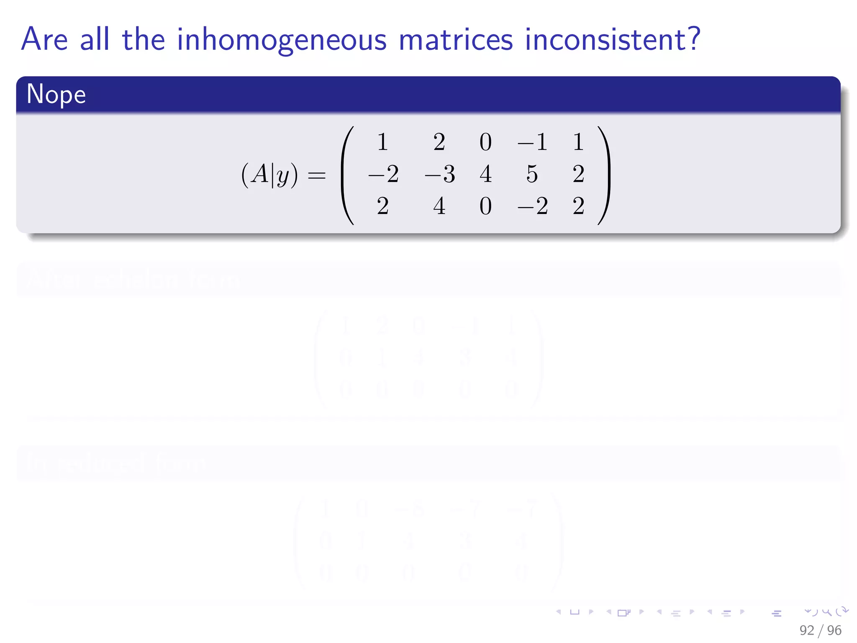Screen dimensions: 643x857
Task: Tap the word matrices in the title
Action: tap(456, 40)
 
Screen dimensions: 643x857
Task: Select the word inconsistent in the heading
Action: tap(606, 40)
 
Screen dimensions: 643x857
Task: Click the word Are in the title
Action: tap(44, 40)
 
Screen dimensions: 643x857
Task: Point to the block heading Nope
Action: tap(56, 94)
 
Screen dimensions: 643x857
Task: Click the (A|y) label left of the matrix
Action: tap(269, 175)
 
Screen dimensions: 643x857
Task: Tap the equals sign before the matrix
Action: tap(316, 175)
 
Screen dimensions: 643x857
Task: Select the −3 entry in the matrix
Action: tap(439, 174)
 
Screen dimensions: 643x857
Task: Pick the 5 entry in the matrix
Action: tap(532, 174)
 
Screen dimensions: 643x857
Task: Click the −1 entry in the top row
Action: tap(532, 142)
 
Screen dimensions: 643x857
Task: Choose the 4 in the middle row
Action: tap(485, 174)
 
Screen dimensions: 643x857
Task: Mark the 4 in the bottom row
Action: tap(439, 206)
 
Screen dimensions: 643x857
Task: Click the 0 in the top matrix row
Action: tap(485, 142)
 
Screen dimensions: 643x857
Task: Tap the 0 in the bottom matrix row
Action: tap(485, 206)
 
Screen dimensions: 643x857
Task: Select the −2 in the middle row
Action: tap(383, 174)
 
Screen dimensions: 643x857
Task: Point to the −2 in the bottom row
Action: tap(532, 206)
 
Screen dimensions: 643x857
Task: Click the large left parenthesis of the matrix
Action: tap(347, 175)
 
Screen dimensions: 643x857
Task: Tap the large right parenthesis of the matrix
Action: tap(604, 175)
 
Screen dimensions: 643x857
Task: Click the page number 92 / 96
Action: tap(820, 630)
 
